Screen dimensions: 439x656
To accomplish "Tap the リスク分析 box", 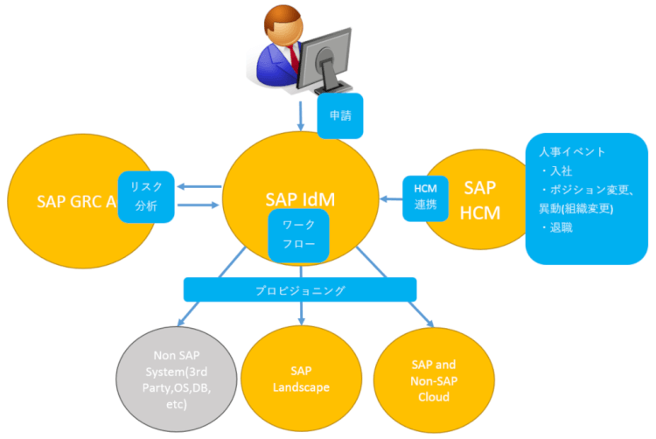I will tap(146, 196).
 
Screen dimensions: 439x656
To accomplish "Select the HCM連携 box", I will tap(426, 197).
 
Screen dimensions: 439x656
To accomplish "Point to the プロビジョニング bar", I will tap(299, 289).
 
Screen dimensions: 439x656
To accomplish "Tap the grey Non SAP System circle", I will tap(177, 377).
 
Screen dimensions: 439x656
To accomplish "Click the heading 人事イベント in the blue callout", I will tap(572, 151).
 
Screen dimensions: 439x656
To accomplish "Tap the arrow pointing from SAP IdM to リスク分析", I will tap(198, 186).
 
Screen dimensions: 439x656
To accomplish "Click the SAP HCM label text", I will tap(479, 199).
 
